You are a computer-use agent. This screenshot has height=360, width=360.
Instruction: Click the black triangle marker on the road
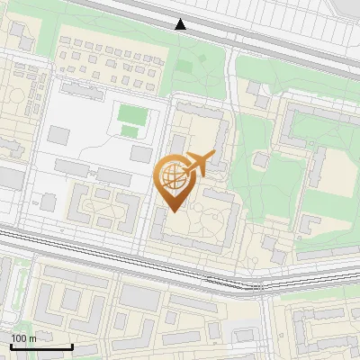point(181,24)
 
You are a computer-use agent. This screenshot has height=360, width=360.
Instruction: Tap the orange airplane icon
point(199,164)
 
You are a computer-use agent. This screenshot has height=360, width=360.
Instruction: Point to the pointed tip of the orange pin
point(173,211)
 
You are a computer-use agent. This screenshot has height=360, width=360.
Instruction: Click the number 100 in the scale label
point(19,338)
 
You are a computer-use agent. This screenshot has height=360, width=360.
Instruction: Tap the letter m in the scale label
point(32,338)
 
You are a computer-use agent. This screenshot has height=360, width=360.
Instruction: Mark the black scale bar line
point(41,347)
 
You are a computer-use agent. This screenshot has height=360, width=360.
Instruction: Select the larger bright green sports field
point(131,114)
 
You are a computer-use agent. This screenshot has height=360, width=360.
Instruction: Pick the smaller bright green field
point(130,132)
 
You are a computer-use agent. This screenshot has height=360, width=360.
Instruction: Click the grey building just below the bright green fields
point(140,154)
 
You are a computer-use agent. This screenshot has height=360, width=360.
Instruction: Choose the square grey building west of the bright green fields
point(58,135)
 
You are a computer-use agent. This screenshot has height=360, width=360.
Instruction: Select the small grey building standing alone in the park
point(261,159)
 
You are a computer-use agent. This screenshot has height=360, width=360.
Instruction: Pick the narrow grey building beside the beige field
point(319,166)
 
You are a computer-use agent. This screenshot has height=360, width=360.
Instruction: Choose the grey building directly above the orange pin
point(179,144)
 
